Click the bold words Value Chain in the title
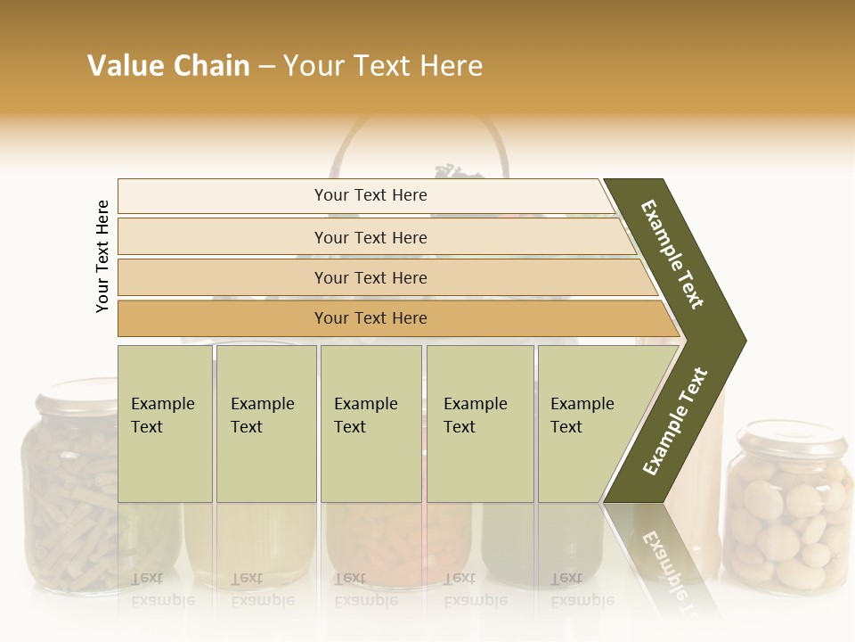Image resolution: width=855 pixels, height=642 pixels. click(168, 66)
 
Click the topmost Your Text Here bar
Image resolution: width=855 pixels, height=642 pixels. click(370, 195)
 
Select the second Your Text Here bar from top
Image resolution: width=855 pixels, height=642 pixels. click(370, 237)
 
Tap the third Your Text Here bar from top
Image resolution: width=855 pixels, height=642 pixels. click(370, 277)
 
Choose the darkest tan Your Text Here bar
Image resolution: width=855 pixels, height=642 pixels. click(370, 318)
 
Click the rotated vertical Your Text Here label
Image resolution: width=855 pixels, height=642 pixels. click(102, 256)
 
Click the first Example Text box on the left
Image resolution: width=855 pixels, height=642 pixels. click(165, 424)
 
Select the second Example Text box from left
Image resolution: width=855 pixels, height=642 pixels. click(265, 424)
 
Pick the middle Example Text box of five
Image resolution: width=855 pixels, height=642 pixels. click(370, 424)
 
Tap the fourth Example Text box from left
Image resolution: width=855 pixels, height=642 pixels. click(479, 424)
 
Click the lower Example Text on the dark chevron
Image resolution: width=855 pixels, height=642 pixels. click(675, 421)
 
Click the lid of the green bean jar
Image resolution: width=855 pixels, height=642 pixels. click(76, 397)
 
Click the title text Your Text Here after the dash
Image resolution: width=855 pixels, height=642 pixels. click(383, 66)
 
